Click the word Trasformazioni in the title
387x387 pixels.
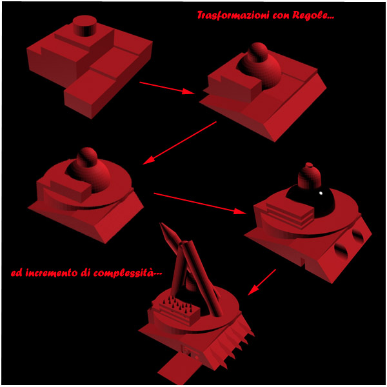pos(233,15)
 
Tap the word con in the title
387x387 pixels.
pos(281,16)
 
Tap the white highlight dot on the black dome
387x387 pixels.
pos(321,193)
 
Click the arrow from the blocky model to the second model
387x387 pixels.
pos(167,88)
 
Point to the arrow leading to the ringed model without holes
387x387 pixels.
pos(180,143)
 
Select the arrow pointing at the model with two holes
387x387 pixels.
pos(200,203)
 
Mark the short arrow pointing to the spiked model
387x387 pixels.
pos(262,282)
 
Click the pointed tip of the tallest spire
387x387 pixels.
pos(161,223)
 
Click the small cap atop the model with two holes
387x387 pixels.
pos(309,165)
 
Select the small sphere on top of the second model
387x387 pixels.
pos(257,52)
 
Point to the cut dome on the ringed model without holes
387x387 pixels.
pos(89,174)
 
